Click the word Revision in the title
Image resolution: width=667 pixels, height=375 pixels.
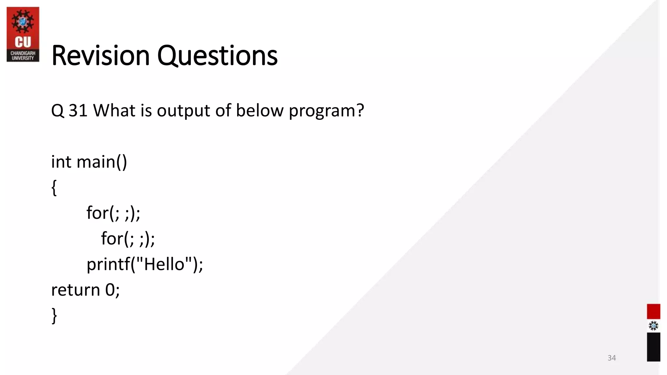[100, 56]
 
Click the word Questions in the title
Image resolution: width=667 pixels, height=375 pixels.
[217, 56]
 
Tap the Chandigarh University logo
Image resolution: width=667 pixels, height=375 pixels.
[23, 34]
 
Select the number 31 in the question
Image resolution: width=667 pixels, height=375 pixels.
[78, 110]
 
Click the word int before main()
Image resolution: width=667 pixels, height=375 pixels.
[61, 162]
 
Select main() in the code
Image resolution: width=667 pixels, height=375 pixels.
[102, 162]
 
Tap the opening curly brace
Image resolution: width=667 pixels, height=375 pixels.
[54, 188]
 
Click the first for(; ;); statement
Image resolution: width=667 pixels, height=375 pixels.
[113, 213]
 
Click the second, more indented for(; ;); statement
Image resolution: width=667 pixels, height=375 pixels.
[128, 239]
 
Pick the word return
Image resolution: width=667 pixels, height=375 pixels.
[75, 290]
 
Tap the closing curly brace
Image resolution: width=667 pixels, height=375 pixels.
[54, 315]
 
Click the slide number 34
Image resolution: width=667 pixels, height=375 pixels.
[612, 358]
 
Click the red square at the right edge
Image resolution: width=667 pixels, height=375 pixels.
[653, 312]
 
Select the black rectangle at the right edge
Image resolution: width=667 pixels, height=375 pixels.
[653, 347]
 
